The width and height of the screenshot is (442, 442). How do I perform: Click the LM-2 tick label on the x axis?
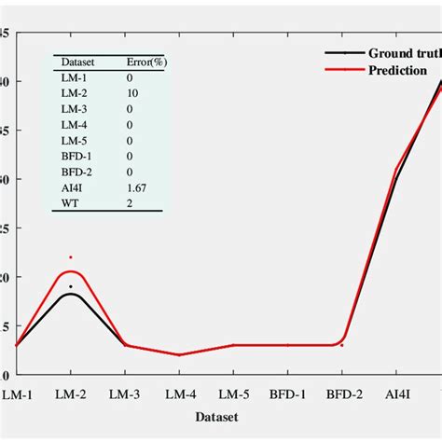coord(71,394)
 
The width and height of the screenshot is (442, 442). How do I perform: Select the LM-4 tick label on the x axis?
coord(179,394)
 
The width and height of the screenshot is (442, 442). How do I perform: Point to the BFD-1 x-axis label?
coord(287,394)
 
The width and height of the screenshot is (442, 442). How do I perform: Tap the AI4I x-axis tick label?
coord(397,394)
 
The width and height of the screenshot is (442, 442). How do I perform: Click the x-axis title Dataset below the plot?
coord(215,416)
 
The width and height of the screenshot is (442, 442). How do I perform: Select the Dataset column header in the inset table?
coord(77,62)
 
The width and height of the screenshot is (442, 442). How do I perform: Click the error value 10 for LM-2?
coord(131,92)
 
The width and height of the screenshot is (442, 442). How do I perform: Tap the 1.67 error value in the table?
coord(136,186)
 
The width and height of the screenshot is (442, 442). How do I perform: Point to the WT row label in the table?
coord(70,202)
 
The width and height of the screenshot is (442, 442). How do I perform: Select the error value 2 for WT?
coord(130,202)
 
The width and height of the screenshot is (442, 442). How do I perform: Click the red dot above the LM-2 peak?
coord(71,256)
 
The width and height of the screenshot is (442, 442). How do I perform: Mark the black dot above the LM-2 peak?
coord(71,286)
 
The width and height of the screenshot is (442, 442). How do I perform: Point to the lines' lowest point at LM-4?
coord(179,354)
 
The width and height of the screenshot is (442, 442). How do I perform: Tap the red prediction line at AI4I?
coord(397,169)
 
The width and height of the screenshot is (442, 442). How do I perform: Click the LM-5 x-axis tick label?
coord(233,394)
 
